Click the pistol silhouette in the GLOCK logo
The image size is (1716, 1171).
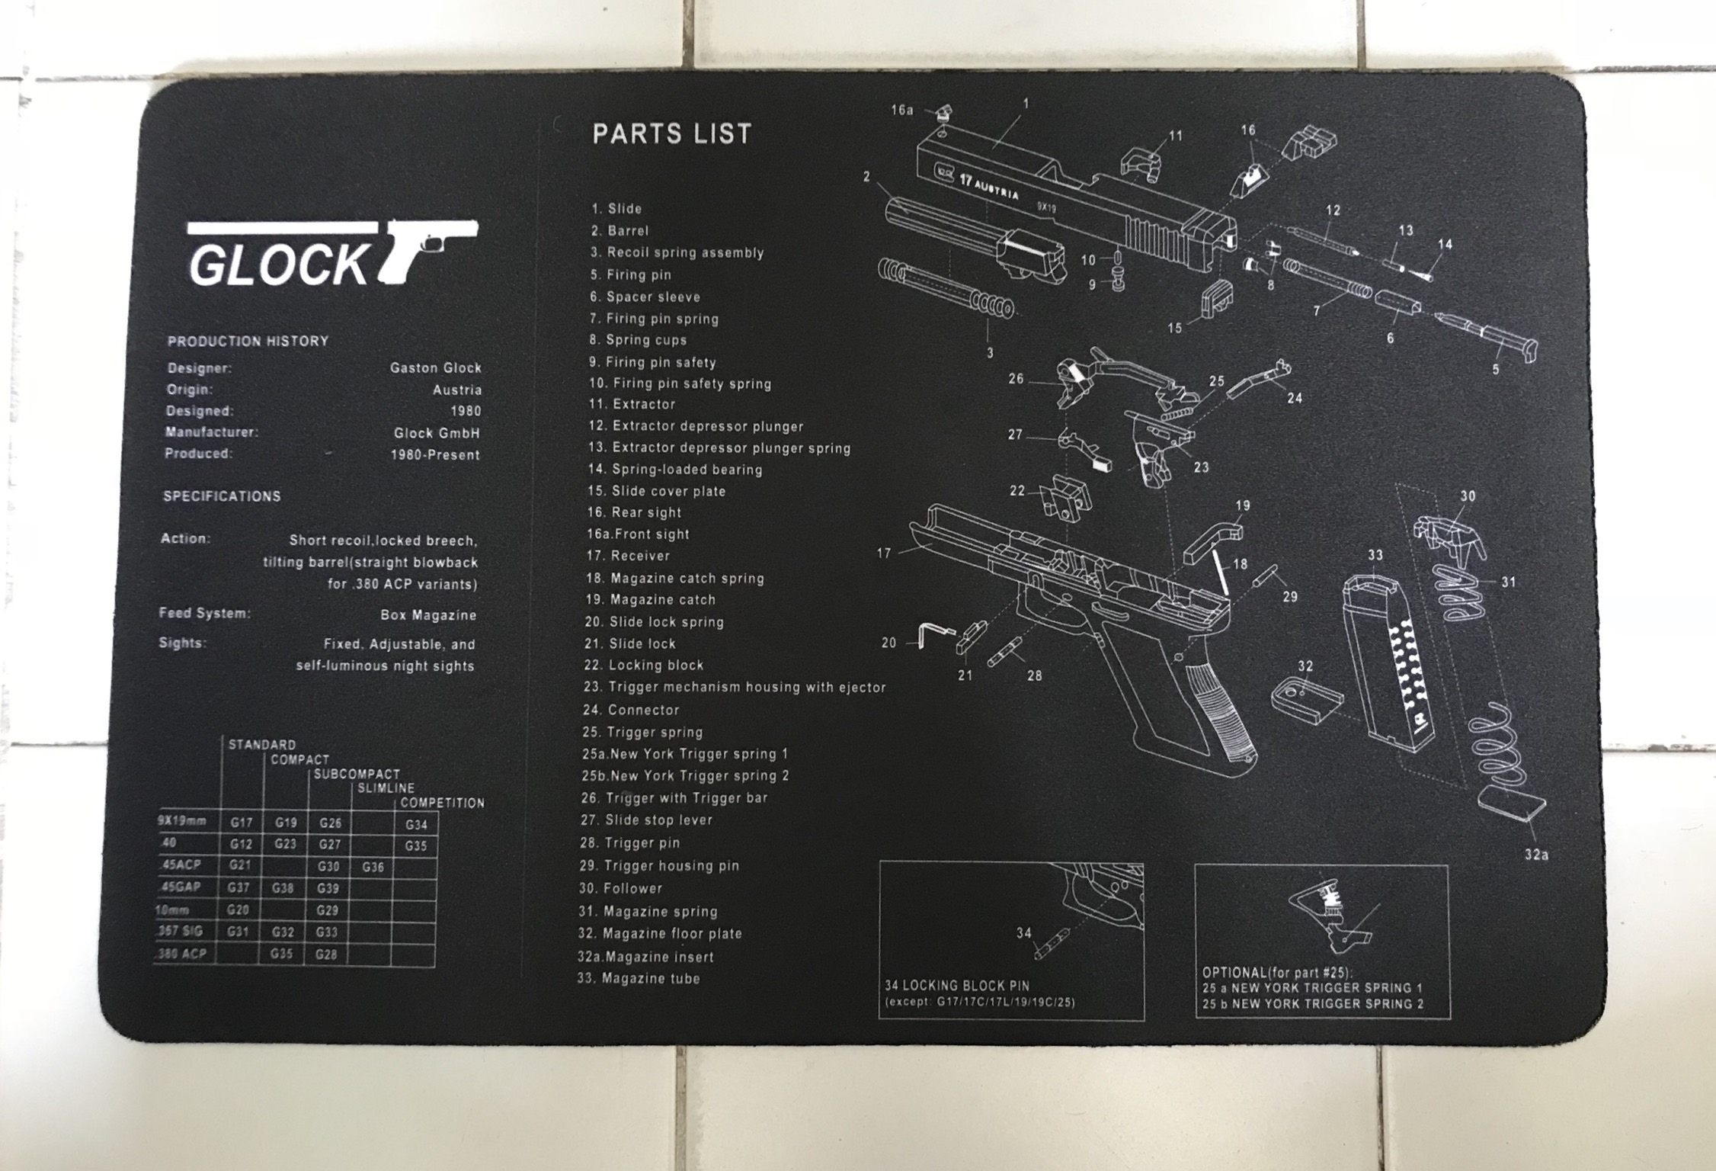pyautogui.click(x=427, y=248)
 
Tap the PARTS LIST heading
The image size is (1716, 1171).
pyautogui.click(x=672, y=134)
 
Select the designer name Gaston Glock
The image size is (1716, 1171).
pyautogui.click(x=435, y=367)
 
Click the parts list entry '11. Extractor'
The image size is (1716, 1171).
pyautogui.click(x=632, y=405)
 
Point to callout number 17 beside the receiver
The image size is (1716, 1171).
pyautogui.click(x=883, y=553)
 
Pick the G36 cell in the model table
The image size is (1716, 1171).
pyautogui.click(x=373, y=867)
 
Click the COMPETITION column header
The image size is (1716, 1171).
pyautogui.click(x=442, y=803)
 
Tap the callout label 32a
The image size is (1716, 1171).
pyautogui.click(x=1536, y=855)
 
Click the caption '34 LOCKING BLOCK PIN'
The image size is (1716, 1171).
pyautogui.click(x=956, y=986)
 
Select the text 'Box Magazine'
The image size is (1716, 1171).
pyautogui.click(x=428, y=615)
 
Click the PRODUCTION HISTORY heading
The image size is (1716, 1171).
pyautogui.click(x=248, y=341)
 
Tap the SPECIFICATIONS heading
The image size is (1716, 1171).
pyautogui.click(x=222, y=496)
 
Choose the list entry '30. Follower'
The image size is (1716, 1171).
pyautogui.click(x=621, y=888)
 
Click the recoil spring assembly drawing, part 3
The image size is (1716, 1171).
pyautogui.click(x=945, y=290)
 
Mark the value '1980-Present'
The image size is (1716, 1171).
pyautogui.click(x=435, y=455)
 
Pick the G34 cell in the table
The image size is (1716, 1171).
pyautogui.click(x=416, y=824)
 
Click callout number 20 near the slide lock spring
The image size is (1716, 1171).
pyautogui.click(x=888, y=643)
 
